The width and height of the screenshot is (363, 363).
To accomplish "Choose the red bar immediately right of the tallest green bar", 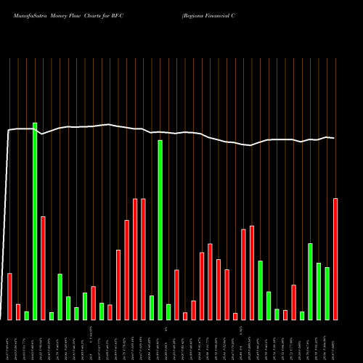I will click(43, 268).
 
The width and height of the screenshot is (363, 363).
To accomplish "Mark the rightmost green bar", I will click(327, 293).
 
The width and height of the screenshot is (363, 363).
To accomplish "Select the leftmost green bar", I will click(26, 315).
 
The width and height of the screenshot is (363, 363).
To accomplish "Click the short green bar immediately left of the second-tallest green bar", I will click(152, 307).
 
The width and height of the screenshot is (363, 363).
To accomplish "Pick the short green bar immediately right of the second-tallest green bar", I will click(168, 311).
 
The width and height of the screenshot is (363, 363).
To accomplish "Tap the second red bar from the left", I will click(18, 311).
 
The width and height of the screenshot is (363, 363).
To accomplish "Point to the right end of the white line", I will click(334, 138).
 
